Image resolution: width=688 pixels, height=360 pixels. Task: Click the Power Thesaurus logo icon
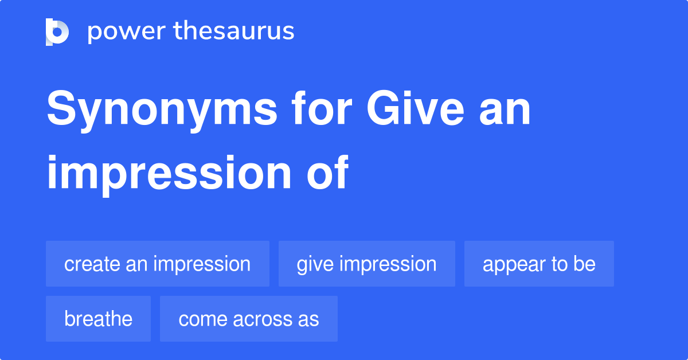[57, 32]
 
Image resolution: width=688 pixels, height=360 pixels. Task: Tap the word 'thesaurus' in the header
[234, 32]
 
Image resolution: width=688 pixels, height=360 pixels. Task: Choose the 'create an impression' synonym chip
[157, 264]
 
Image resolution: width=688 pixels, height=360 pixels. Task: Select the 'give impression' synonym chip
[366, 264]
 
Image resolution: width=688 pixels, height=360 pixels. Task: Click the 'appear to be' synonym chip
[539, 264]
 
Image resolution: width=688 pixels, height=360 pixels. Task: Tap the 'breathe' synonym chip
[98, 319]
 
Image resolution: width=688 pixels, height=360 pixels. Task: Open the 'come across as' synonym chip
[248, 319]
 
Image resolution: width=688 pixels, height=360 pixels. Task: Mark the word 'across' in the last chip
[260, 319]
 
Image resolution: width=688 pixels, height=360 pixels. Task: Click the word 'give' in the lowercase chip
[315, 264]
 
